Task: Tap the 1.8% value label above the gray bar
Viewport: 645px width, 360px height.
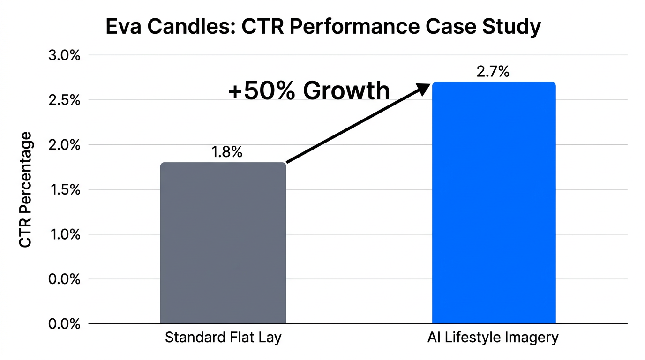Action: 226,152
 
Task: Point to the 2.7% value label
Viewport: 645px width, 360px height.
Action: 493,72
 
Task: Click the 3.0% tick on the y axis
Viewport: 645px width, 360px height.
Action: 64,55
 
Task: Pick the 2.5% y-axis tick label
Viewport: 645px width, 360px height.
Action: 64,100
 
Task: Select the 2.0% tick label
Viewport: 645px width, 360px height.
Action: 64,145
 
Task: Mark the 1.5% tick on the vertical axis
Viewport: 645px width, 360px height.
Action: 64,190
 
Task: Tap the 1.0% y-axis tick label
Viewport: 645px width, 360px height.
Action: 64,234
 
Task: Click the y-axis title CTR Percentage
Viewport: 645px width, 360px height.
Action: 26,189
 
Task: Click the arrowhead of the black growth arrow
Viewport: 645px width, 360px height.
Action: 424,88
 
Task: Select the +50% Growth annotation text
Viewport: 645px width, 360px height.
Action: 309,90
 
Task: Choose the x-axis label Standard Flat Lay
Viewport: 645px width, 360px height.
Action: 223,337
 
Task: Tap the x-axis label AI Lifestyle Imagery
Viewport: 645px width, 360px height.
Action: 493,337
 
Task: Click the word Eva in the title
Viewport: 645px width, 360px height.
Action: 123,27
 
